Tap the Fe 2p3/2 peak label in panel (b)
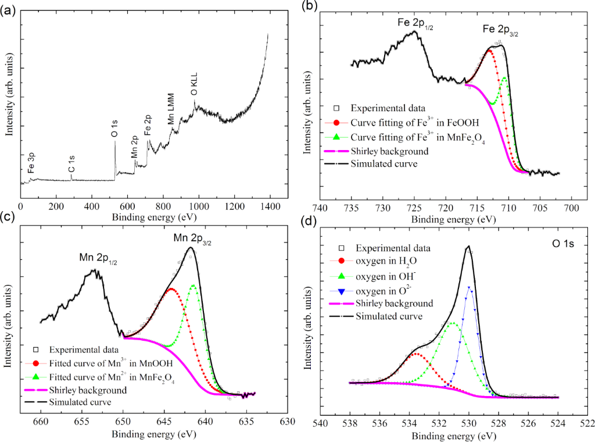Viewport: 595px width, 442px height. click(500, 30)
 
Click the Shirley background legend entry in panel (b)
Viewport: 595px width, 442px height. click(390, 151)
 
